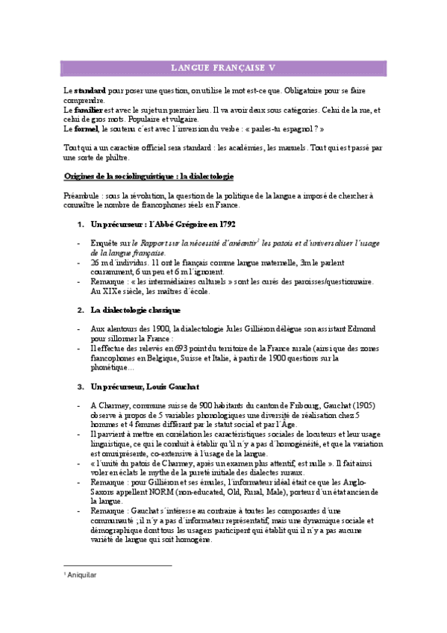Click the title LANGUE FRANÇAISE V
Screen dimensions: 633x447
[223, 68]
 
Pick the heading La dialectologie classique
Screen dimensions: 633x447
[135, 310]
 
